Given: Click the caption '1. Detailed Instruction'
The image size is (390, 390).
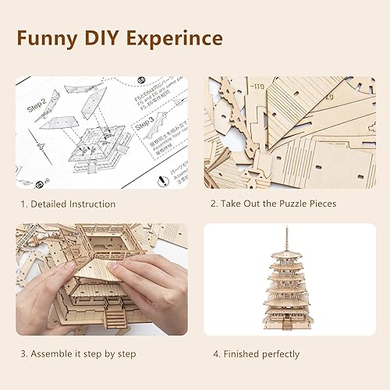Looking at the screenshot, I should [x=69, y=204].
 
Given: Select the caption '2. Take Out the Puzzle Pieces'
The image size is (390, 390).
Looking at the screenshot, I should [x=273, y=204].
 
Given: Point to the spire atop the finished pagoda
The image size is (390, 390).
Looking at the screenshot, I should [x=287, y=238].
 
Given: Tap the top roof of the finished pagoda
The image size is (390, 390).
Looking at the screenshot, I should [x=287, y=257].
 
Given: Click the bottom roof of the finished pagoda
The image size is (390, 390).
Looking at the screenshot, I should [x=287, y=312].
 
